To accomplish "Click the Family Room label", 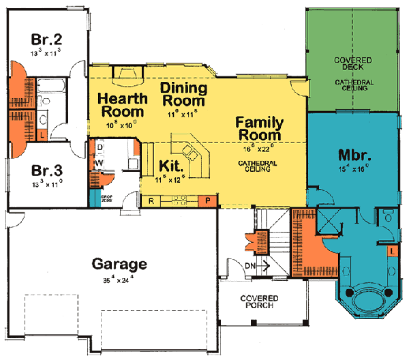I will click(x=259, y=128).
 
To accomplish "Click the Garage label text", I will click(x=119, y=264).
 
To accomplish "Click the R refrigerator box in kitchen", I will click(x=151, y=200).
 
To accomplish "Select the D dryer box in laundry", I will click(x=99, y=147).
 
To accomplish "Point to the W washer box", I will click(x=99, y=163).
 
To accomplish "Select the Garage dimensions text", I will click(x=119, y=278).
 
